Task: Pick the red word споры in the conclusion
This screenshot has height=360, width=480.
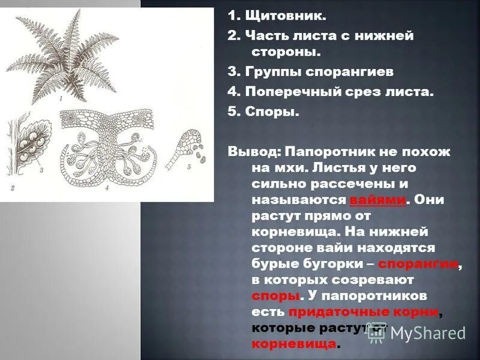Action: coord(275,295)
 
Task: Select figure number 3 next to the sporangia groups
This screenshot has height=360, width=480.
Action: coord(41,170)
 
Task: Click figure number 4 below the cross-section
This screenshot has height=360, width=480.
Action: coord(106,188)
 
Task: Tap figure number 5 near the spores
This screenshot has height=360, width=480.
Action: coord(188,167)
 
